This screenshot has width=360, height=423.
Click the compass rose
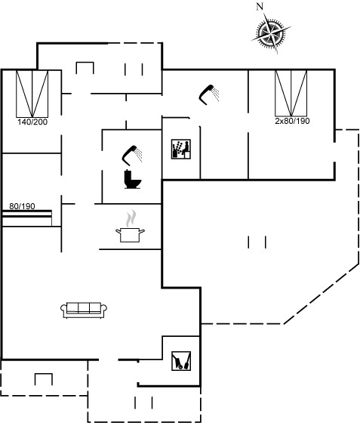point(271,33)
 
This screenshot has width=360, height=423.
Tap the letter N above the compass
point(260,7)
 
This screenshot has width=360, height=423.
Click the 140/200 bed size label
point(32,122)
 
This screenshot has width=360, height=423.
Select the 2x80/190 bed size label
point(292,121)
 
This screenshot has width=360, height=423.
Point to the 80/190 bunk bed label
point(22,206)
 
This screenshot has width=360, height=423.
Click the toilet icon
point(133,179)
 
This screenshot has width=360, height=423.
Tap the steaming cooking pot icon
point(130,227)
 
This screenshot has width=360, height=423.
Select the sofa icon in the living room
point(84,310)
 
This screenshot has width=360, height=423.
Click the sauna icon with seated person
point(181,149)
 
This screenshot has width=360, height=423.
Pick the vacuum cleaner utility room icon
point(181,361)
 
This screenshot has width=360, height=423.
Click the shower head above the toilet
point(132,155)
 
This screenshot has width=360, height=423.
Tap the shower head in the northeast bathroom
point(209,94)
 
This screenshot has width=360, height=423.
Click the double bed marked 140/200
point(32,94)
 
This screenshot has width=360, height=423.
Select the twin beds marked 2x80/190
point(291,94)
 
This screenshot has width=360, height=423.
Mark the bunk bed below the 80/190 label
point(27,218)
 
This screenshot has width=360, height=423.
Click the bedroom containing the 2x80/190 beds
point(291,125)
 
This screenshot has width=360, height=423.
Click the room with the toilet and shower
point(132,166)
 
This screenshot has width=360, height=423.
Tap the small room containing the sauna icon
point(181,148)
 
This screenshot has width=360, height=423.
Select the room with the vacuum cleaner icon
point(181,361)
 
